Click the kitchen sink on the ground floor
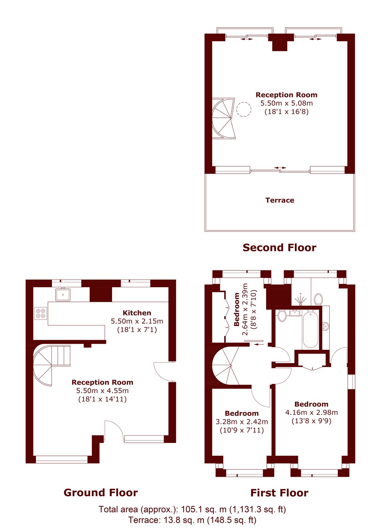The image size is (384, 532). (63, 295)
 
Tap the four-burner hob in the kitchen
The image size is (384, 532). (41, 313)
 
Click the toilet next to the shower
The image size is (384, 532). (319, 300)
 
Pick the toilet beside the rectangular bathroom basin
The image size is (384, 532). (282, 316)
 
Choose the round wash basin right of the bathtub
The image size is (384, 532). (325, 326)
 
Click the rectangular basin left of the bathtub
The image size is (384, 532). (295, 313)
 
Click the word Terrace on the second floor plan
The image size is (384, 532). (280, 200)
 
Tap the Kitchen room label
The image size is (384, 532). (137, 313)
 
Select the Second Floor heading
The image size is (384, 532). (280, 247)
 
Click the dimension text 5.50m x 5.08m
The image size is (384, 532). (287, 103)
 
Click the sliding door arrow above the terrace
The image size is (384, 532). (280, 168)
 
